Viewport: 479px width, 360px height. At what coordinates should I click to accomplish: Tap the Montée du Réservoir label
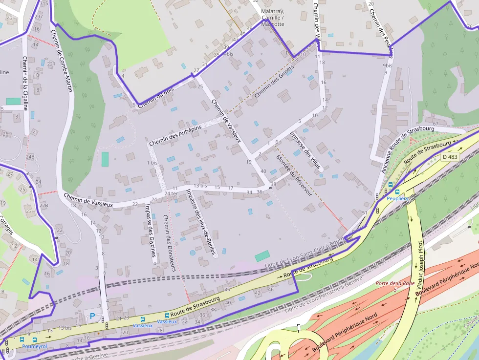pyautogui.click(x=293, y=175)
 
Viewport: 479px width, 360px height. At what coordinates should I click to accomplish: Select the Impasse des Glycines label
pyautogui.click(x=150, y=230)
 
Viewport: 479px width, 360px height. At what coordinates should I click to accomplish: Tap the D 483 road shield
pyautogui.click(x=450, y=157)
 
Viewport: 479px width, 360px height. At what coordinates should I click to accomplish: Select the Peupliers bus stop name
pyautogui.click(x=397, y=199)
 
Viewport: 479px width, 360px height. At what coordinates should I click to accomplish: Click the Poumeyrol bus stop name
pyautogui.click(x=34, y=346)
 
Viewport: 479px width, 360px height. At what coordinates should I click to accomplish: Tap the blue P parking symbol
pyautogui.click(x=92, y=316)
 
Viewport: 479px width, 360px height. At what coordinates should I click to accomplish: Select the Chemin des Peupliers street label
pyautogui.click(x=382, y=27)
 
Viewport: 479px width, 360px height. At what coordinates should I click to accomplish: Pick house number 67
pyautogui.click(x=435, y=111)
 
